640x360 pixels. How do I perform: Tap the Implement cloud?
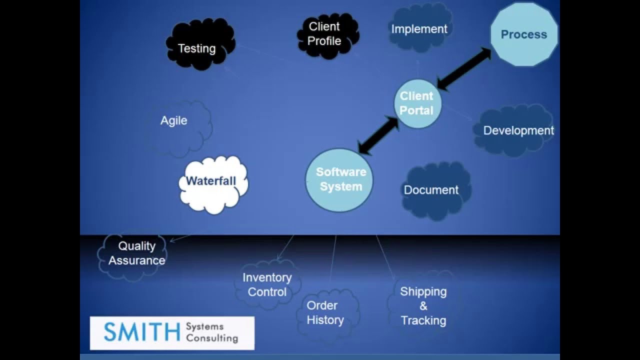pyautogui.click(x=419, y=29)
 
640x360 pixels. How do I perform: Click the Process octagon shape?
pyautogui.click(x=523, y=34)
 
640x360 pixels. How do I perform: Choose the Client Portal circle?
pyautogui.click(x=417, y=103)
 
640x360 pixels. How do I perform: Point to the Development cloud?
pyautogui.click(x=515, y=130)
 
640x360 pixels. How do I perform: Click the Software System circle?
pyautogui.click(x=339, y=179)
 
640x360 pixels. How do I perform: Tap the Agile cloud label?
pyautogui.click(x=174, y=120)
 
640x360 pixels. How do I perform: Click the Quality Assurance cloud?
pyautogui.click(x=135, y=253)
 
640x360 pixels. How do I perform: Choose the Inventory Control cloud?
pyautogui.click(x=267, y=284)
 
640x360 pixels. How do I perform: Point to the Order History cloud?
pyautogui.click(x=325, y=312)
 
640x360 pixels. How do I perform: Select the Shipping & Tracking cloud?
pyautogui.click(x=423, y=305)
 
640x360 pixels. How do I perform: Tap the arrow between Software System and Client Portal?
pyautogui.click(x=379, y=135)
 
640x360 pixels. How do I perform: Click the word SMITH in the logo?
pyautogui.click(x=141, y=332)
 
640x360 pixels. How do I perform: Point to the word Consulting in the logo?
pyautogui.click(x=211, y=338)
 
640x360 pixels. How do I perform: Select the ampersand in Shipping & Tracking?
pyautogui.click(x=423, y=306)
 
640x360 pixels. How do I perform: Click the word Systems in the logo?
pyautogui.click(x=205, y=326)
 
